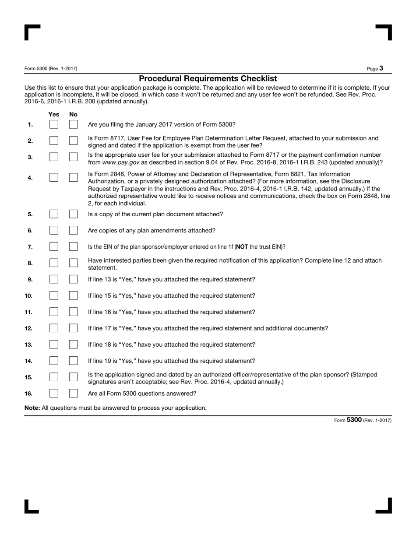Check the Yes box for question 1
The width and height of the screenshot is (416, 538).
54,124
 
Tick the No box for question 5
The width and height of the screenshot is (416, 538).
73,214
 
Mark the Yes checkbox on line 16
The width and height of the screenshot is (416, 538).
54,393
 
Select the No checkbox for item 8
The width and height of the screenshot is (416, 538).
73,263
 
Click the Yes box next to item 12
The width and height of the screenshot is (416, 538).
54,328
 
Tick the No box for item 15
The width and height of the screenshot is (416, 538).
73,377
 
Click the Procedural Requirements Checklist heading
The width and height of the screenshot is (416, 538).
208,79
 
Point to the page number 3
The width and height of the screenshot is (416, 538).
381,68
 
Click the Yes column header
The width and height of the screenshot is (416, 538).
54,114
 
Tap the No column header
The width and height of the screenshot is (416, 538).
73,114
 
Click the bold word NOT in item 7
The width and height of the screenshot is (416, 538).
242,247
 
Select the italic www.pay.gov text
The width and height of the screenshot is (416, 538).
120,162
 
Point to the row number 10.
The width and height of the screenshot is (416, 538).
28,296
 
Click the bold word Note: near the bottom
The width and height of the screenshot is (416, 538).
32,408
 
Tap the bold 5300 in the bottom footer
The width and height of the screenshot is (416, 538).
354,420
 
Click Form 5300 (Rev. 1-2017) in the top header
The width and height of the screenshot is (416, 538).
51,69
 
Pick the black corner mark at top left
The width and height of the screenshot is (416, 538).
29,30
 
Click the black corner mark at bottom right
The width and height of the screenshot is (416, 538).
387,508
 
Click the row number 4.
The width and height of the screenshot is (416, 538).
30,178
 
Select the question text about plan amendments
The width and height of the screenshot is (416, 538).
152,231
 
